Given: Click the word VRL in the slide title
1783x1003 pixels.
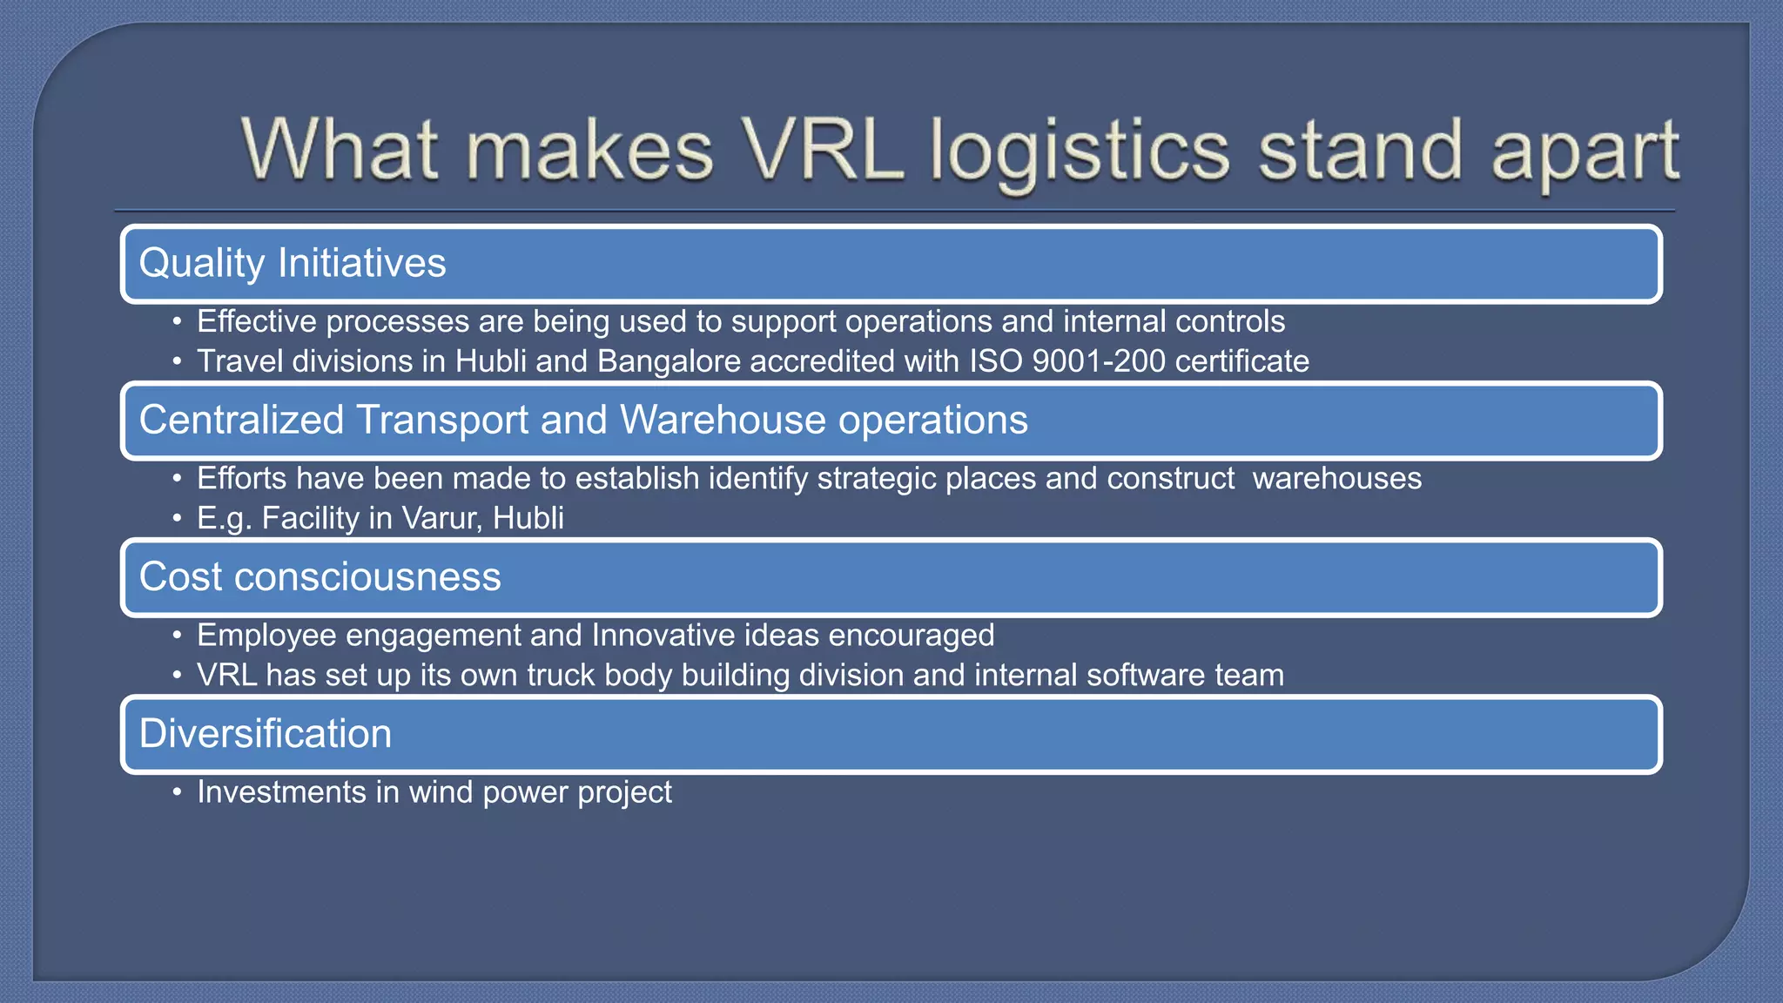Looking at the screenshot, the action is [x=823, y=151].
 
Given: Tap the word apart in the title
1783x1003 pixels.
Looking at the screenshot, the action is [x=1585, y=155].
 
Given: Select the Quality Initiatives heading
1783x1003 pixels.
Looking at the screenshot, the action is [x=293, y=264].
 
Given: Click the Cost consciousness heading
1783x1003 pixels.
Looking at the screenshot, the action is [x=320, y=576].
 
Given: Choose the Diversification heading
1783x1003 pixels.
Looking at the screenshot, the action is [x=266, y=733].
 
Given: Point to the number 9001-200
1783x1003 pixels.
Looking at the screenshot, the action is [x=1099, y=361].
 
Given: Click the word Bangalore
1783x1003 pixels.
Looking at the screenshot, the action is [x=669, y=361].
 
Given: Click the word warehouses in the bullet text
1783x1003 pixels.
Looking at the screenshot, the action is [x=1337, y=479].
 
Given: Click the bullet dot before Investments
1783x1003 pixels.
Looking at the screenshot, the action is [x=177, y=792].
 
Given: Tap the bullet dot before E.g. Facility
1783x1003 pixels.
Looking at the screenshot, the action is [x=177, y=519].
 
